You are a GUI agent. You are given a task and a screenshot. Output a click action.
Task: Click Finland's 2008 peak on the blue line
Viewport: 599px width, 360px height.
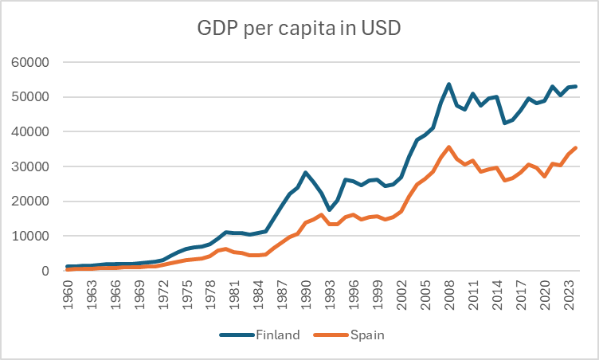(x=448, y=84)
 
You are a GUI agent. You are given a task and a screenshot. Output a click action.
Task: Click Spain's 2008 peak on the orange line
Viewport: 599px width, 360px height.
(x=448, y=147)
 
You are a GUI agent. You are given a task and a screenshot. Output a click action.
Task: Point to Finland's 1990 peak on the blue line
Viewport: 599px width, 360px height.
(x=305, y=173)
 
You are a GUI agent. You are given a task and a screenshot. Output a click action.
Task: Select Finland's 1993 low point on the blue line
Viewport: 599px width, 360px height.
(x=329, y=210)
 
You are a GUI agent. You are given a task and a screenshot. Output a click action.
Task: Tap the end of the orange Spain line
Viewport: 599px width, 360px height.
(x=574, y=148)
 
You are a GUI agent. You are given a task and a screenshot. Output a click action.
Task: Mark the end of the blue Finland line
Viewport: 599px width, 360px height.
(x=574, y=86)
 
